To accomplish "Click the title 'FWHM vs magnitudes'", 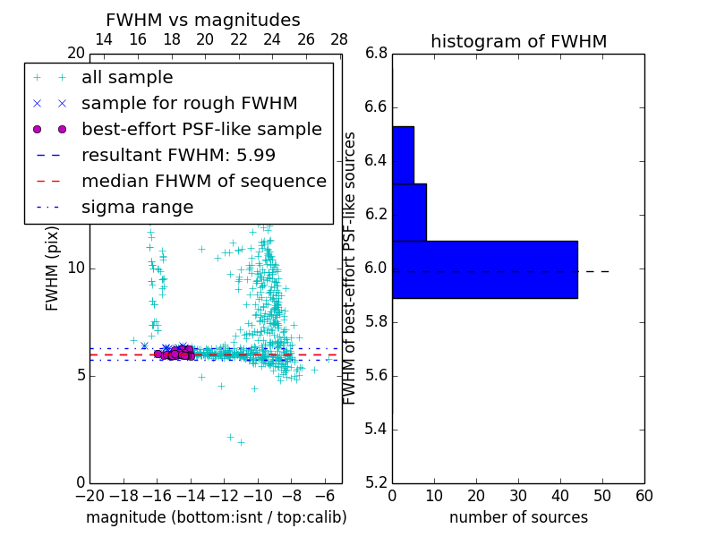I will click(203, 20).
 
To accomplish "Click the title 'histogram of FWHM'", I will click(518, 41).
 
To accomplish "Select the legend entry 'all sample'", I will click(127, 78).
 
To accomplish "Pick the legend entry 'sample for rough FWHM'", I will click(189, 103).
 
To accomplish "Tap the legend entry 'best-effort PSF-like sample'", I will click(201, 129).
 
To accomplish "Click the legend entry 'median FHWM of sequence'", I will click(203, 181).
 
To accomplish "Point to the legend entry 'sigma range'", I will click(137, 207).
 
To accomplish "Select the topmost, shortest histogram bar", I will click(403, 155).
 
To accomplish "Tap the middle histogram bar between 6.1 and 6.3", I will click(409, 212).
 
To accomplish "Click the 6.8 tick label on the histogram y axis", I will click(376, 54).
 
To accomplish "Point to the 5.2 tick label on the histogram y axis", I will click(376, 482).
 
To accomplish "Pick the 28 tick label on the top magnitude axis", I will click(339, 39).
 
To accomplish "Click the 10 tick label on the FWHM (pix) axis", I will click(76, 268).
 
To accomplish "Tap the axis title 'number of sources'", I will click(518, 517).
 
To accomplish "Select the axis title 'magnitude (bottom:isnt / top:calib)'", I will click(216, 517).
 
